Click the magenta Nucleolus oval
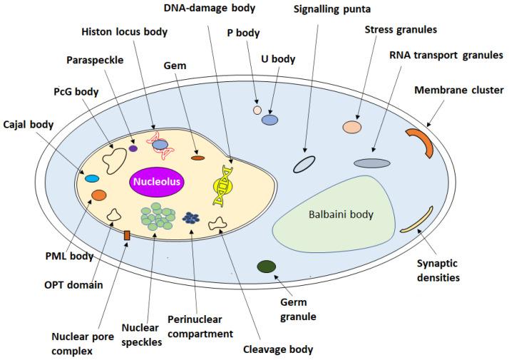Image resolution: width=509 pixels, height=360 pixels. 156,182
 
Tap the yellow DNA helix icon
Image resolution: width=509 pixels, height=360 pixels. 223,185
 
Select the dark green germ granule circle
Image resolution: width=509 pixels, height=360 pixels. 267,267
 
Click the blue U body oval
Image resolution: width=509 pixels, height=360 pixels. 269,120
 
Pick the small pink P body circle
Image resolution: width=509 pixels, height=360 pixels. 257,110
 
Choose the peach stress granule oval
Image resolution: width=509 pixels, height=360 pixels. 351,127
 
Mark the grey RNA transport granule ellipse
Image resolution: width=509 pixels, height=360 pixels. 372,163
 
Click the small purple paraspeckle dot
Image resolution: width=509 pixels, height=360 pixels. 133,148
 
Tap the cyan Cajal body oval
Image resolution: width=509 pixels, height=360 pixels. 92,178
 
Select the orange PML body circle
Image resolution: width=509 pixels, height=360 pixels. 99,195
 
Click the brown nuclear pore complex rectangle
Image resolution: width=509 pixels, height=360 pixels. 127,235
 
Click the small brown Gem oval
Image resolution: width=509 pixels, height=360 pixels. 197,158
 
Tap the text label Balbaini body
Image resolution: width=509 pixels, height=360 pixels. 340,214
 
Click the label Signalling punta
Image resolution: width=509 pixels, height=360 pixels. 332,9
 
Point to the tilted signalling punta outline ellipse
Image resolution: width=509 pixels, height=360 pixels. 304,165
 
